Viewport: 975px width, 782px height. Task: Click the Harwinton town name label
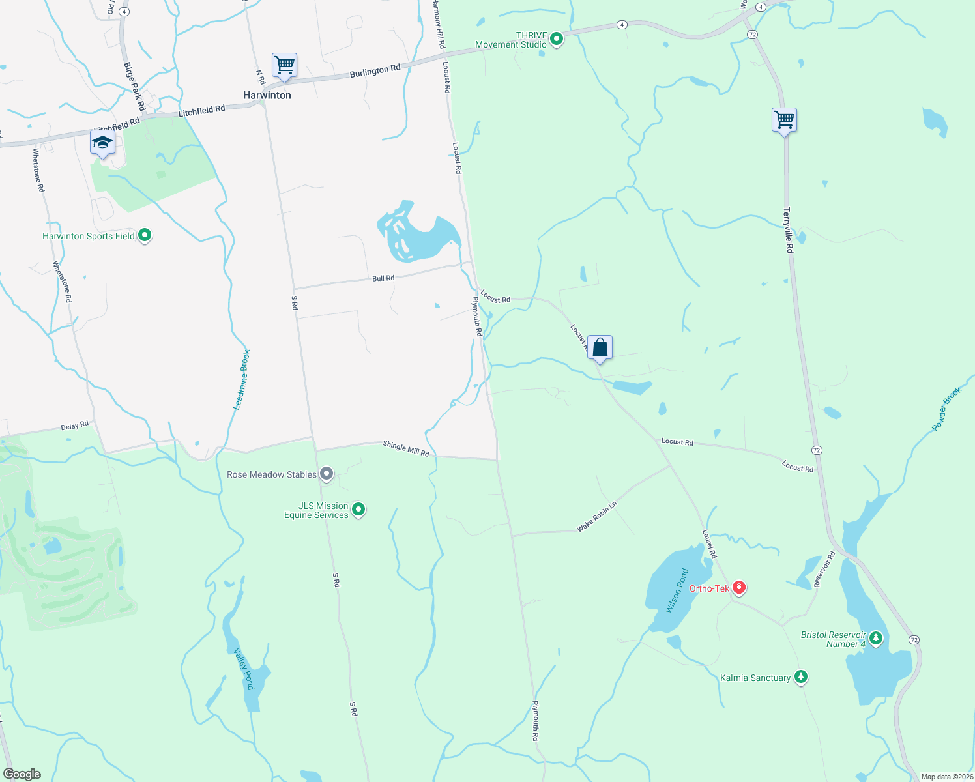(267, 95)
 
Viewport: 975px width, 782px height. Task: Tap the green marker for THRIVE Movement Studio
(557, 40)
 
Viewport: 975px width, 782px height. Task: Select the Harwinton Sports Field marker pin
(145, 235)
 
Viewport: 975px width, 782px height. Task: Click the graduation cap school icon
(103, 143)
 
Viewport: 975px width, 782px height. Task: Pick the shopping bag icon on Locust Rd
(600, 347)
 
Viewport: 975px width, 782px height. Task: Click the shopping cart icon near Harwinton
(284, 66)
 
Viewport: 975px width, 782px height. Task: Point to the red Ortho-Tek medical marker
(738, 588)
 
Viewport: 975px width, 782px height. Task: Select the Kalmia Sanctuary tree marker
(801, 677)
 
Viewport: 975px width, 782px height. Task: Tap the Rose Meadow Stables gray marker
(327, 474)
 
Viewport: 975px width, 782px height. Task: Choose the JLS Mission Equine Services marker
(358, 510)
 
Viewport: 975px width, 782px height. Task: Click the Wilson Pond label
(677, 590)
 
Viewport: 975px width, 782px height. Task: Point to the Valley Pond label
(244, 669)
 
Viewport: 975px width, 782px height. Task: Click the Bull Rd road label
(383, 278)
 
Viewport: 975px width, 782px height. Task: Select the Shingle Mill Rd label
(406, 448)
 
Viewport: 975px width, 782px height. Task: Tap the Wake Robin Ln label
(596, 517)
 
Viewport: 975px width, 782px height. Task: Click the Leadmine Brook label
(242, 380)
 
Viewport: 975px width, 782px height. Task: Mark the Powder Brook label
(946, 409)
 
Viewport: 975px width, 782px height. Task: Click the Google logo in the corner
(22, 774)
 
